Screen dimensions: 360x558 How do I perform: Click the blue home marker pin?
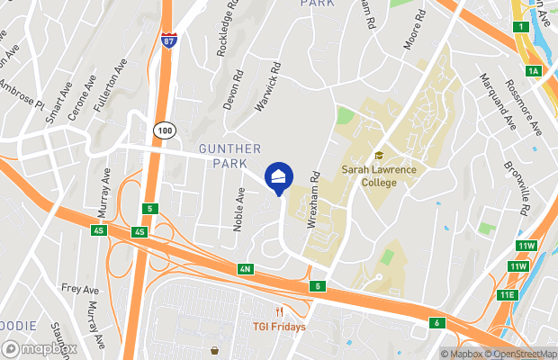pyautogui.click(x=279, y=176)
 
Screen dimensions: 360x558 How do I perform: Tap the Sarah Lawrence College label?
pyautogui.click(x=369, y=175)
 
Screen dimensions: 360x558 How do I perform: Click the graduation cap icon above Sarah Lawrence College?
pyautogui.click(x=379, y=156)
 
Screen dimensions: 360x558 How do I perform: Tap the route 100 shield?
pyautogui.click(x=163, y=130)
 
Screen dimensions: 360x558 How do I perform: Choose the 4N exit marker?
pyautogui.click(x=245, y=269)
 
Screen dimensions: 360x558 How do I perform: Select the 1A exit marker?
pyautogui.click(x=534, y=70)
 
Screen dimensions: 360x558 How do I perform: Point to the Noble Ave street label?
pyautogui.click(x=239, y=209)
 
